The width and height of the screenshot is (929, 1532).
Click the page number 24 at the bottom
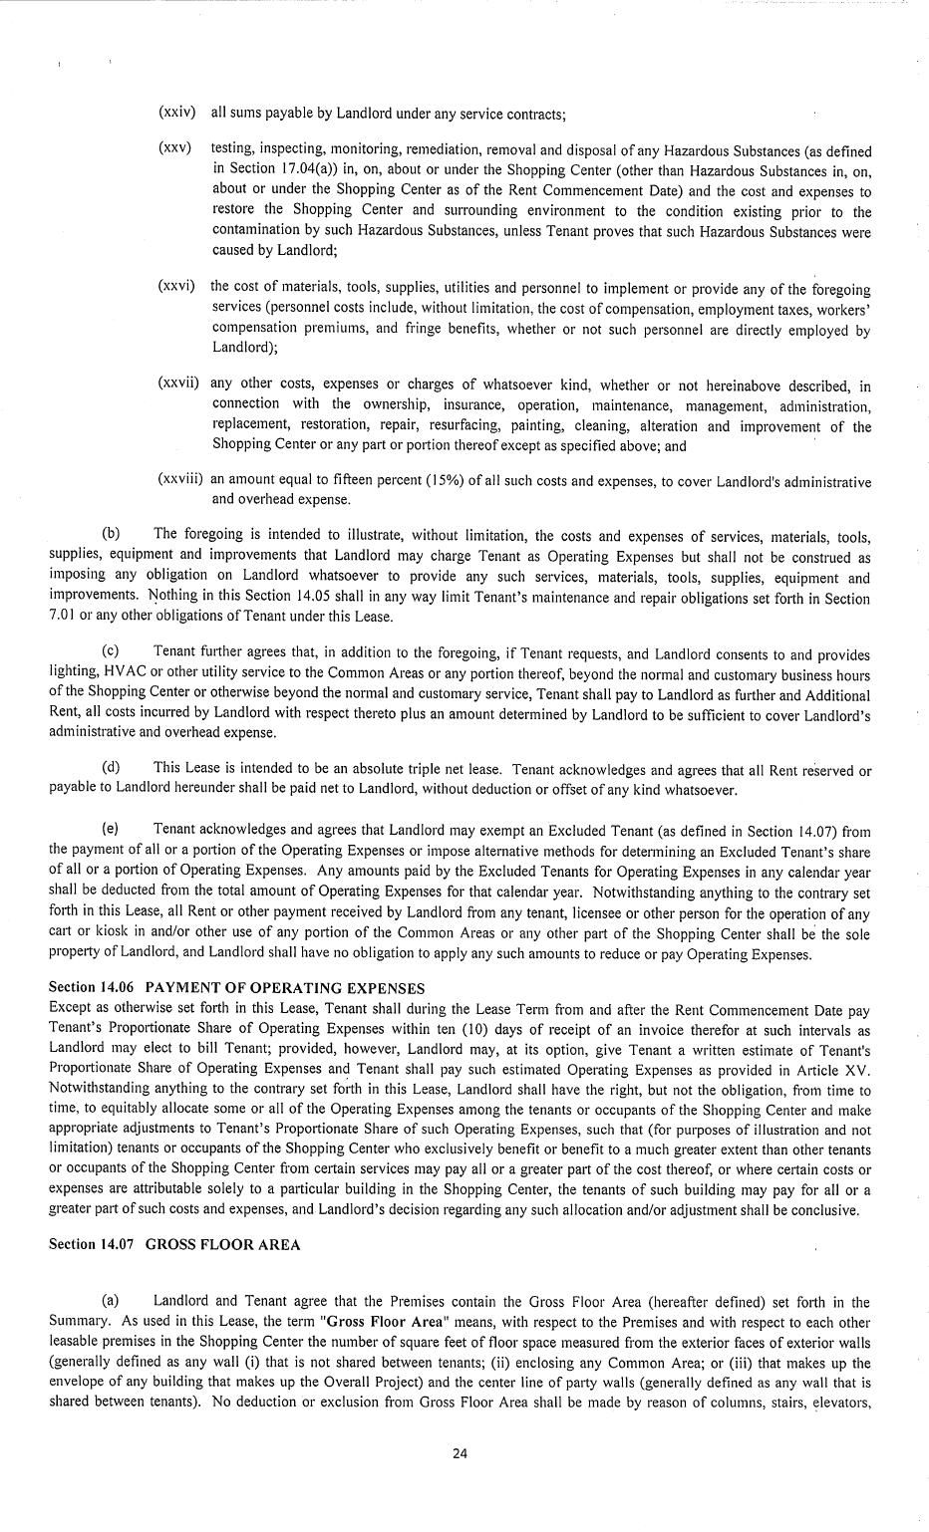460,1453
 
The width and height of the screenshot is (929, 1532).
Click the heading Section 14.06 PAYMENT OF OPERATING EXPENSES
236,988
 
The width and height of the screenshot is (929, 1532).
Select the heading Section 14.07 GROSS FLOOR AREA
173,1245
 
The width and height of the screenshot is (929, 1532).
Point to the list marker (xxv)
174,148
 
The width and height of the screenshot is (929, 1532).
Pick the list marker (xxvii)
179,383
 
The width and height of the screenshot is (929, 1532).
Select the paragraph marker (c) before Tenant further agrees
111,653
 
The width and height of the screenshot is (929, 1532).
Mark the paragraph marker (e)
111,829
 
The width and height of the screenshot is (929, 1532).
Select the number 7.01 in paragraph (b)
62,617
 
